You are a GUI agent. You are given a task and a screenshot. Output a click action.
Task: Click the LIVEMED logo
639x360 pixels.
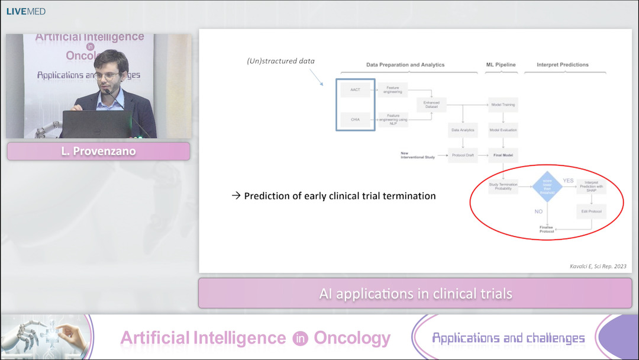(25, 11)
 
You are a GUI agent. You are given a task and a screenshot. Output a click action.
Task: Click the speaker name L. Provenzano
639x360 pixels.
(98, 152)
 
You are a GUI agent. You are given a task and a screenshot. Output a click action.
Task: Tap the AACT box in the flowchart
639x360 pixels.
(355, 90)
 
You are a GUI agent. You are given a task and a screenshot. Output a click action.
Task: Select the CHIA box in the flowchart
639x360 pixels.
(355, 119)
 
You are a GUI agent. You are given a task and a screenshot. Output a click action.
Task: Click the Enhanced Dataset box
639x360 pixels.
(431, 105)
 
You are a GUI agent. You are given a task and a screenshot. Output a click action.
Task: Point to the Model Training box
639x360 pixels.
(503, 105)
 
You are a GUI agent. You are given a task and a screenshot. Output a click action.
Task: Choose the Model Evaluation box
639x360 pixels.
(503, 130)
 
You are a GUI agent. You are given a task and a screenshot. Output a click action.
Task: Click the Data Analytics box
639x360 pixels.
(463, 130)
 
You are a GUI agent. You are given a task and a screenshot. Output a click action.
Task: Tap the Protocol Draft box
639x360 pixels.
(463, 156)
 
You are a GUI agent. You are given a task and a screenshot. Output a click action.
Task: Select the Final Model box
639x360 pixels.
(503, 156)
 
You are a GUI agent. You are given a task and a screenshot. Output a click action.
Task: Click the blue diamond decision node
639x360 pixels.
(547, 187)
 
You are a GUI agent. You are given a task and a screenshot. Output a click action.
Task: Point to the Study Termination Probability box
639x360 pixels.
(503, 186)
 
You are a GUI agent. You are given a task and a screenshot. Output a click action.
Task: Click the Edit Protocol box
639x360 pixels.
(591, 211)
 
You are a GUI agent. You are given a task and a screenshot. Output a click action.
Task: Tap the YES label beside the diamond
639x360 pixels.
(568, 181)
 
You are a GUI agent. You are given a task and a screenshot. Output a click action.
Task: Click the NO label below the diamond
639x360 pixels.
(538, 211)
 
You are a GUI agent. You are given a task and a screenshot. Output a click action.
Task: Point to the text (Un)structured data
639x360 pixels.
(281, 61)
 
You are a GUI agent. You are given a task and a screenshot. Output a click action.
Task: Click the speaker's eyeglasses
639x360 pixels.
(108, 76)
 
